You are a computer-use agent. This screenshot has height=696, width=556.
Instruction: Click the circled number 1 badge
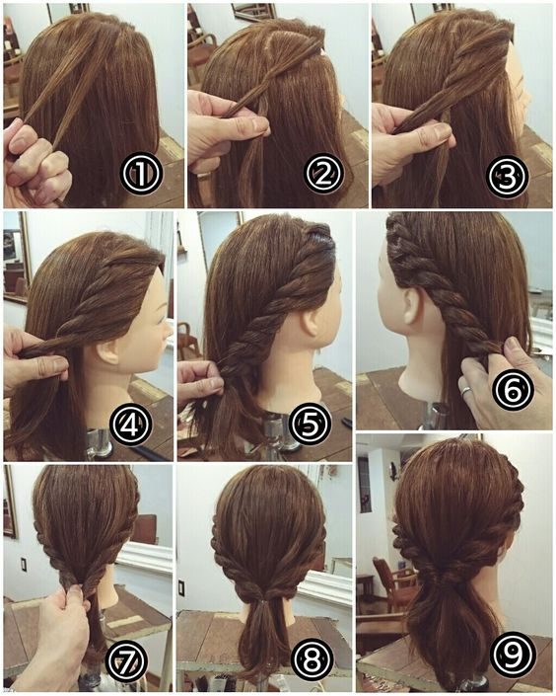click(140, 173)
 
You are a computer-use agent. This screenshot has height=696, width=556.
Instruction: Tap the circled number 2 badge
click(324, 173)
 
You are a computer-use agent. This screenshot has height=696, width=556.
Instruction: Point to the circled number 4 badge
click(130, 425)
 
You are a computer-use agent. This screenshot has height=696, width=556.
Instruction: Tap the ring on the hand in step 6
click(467, 391)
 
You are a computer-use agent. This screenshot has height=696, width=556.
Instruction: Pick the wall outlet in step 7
click(23, 565)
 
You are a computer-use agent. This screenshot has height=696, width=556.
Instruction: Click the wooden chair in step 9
click(389, 585)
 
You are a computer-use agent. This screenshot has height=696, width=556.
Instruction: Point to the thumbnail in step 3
click(443, 130)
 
